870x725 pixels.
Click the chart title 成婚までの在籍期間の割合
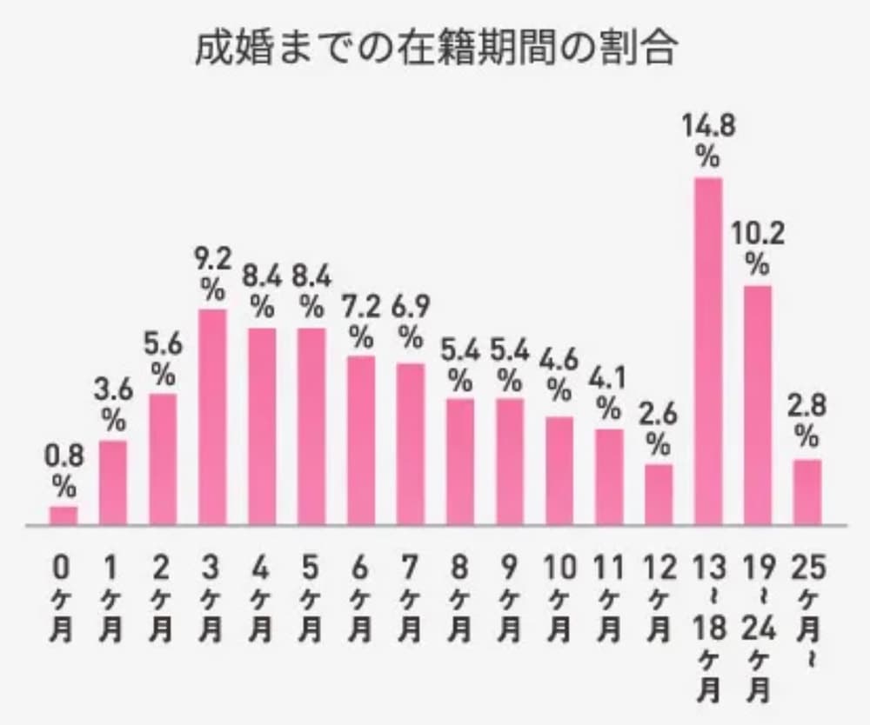434,50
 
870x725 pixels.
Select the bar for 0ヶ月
63,516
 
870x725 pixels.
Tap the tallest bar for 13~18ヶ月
708,351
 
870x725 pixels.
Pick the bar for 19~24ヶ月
758,405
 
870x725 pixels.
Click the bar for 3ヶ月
212,417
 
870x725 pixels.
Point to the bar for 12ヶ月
659,495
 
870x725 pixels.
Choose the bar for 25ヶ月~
807,492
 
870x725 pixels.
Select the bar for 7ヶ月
411,444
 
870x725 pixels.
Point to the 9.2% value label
212,273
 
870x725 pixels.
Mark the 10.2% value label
758,249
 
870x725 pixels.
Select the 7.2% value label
361,321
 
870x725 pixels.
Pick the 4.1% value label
609,392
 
